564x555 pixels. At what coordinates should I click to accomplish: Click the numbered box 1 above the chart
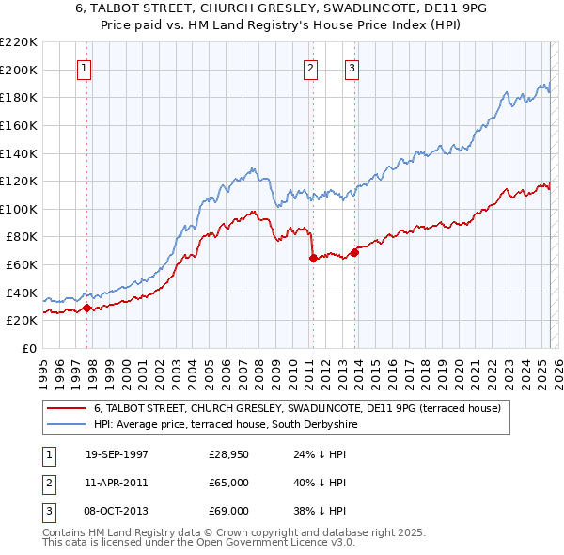pyautogui.click(x=85, y=68)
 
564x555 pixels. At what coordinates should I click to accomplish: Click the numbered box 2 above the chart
pyautogui.click(x=310, y=68)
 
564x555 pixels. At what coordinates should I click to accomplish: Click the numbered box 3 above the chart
pyautogui.click(x=352, y=68)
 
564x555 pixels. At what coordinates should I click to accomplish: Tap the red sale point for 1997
pyautogui.click(x=86, y=308)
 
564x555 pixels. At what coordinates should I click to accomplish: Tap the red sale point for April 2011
pyautogui.click(x=312, y=258)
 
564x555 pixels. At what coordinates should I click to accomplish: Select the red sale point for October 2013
pyautogui.click(x=354, y=252)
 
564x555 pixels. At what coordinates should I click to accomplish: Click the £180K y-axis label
pyautogui.click(x=19, y=97)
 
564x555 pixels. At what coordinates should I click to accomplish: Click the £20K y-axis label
pyautogui.click(x=22, y=321)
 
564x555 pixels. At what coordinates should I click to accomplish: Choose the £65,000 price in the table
pyautogui.click(x=228, y=483)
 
